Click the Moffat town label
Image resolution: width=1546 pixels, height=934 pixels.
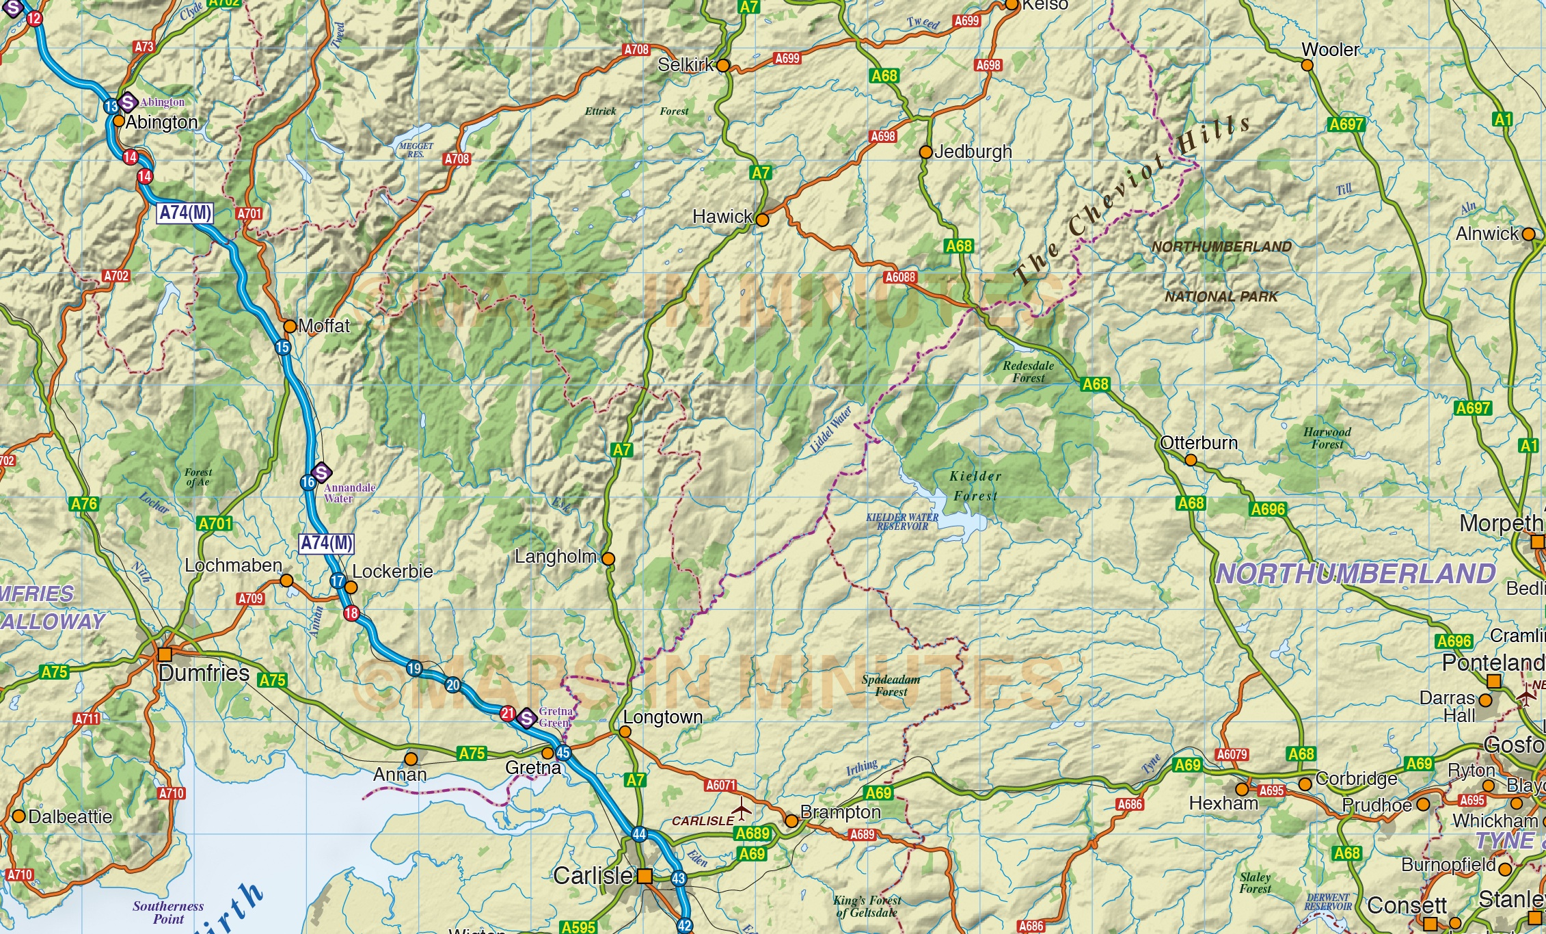324,326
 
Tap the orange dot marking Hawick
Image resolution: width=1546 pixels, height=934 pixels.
762,220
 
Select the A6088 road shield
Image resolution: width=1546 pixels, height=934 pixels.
900,277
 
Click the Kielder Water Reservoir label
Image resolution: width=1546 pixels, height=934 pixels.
902,522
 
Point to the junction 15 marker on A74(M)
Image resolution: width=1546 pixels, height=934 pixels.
283,347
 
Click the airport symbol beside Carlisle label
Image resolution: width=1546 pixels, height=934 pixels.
742,812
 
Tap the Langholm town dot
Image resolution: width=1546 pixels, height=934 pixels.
608,559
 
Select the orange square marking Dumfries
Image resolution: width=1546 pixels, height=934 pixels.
165,654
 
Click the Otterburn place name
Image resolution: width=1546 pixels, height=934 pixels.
1199,443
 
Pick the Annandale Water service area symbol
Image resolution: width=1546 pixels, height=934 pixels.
321,472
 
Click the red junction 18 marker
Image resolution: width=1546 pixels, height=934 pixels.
351,613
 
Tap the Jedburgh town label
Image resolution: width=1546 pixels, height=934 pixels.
973,152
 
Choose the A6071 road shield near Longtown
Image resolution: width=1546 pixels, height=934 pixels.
720,786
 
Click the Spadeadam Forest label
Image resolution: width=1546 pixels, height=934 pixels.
891,686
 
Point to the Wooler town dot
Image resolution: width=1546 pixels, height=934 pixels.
1307,66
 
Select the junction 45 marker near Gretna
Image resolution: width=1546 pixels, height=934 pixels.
562,753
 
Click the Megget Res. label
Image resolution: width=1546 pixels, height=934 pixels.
416,150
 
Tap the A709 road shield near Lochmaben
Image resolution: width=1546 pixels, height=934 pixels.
250,598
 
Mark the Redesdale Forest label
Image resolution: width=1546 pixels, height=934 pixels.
1028,372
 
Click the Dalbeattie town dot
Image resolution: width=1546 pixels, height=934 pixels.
19,816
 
